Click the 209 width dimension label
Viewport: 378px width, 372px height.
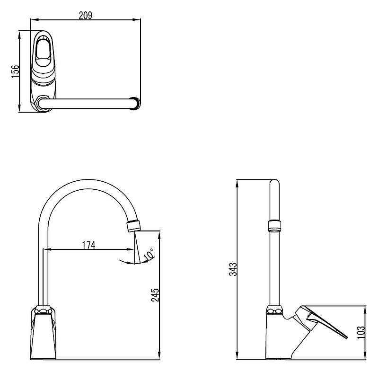coord(86,16)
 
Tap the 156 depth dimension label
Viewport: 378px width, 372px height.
coord(15,71)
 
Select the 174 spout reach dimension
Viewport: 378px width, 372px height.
coord(89,245)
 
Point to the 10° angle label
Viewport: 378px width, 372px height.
coord(148,255)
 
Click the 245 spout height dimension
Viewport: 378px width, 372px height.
coord(155,295)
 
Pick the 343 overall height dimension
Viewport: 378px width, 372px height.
coord(233,269)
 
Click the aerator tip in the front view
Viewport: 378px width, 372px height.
coord(133,226)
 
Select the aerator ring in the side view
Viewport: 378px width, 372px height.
coord(274,226)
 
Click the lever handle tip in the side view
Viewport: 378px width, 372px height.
coord(346,337)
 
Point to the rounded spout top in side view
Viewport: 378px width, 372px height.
coord(274,183)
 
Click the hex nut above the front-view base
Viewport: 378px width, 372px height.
coord(43,310)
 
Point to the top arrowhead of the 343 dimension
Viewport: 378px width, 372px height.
coord(237,184)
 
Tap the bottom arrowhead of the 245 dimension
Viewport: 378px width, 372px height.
coord(159,355)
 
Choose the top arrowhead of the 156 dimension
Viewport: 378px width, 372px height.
coord(19,35)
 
